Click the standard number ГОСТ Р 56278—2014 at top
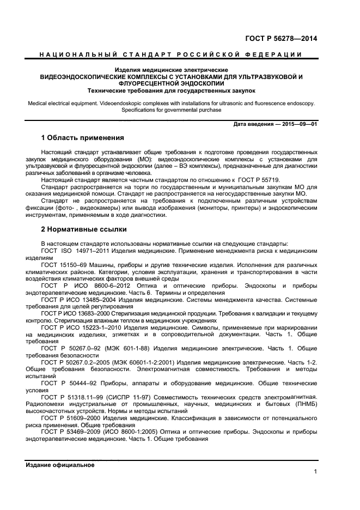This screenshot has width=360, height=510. [288, 38]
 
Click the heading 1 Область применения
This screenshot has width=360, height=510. [83, 138]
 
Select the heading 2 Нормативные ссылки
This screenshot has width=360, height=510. [84, 229]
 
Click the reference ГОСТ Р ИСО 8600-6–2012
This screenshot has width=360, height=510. [90, 285]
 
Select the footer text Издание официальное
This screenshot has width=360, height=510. [60, 465]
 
